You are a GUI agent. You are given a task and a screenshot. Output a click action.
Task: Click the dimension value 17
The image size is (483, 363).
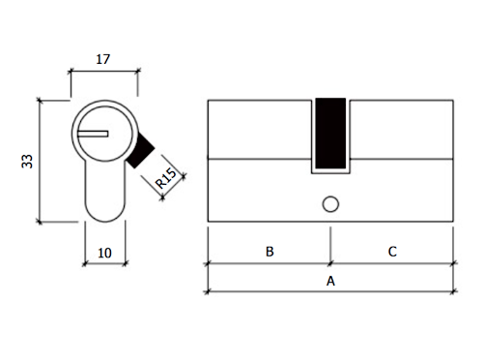(x=103, y=59)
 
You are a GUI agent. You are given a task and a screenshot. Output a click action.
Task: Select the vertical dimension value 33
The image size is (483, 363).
(x=27, y=161)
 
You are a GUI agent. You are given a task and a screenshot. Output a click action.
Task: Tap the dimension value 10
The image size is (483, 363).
(x=104, y=253)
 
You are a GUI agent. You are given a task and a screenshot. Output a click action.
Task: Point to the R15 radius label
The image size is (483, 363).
(x=166, y=178)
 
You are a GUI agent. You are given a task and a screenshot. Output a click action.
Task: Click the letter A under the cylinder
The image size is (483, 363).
(x=330, y=282)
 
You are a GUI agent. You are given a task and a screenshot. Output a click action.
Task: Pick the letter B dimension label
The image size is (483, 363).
(x=270, y=252)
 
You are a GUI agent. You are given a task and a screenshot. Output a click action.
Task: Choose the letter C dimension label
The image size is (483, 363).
(x=392, y=252)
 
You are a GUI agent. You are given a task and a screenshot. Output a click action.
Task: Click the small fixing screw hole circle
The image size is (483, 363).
(x=330, y=204)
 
